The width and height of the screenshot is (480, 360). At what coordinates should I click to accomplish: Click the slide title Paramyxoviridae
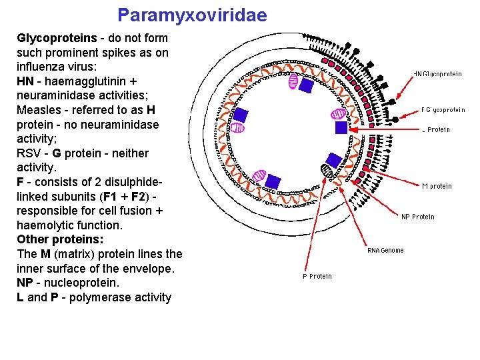(192, 15)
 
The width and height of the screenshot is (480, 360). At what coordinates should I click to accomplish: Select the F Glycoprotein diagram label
(443, 110)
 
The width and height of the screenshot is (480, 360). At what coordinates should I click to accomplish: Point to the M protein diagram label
(437, 187)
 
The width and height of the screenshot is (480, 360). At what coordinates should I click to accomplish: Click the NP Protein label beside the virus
(418, 217)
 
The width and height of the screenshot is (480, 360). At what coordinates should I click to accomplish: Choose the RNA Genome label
(386, 251)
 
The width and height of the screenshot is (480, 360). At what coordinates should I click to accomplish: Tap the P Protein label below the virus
(317, 276)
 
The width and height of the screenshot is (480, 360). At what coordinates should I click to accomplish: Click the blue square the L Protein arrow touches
(341, 127)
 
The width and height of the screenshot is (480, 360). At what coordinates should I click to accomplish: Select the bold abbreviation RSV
(29, 153)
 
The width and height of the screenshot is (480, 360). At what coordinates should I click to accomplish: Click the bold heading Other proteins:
(60, 239)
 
